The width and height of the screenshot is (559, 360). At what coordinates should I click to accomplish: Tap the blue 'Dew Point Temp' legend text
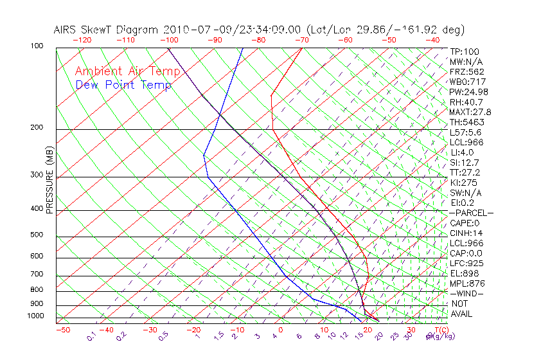[123, 85]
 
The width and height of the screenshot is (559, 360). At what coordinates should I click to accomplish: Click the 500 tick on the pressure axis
[37, 235]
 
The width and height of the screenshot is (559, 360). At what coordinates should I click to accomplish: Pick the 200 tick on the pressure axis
[37, 128]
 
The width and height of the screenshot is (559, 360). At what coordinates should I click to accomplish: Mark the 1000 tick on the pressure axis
[35, 316]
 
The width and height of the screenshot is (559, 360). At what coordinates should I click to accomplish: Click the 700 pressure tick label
[37, 274]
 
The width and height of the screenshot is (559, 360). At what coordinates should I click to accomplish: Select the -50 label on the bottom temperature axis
[62, 330]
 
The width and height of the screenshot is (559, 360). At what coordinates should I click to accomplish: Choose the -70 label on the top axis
[301, 40]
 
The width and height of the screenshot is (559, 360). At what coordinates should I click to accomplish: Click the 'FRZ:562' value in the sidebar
[467, 72]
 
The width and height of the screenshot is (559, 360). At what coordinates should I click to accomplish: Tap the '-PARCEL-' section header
[471, 213]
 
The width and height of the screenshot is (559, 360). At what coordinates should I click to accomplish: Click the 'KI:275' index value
[463, 183]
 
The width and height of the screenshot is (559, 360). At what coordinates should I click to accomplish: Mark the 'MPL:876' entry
[467, 283]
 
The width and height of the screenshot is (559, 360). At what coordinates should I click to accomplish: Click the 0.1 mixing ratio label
[92, 336]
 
